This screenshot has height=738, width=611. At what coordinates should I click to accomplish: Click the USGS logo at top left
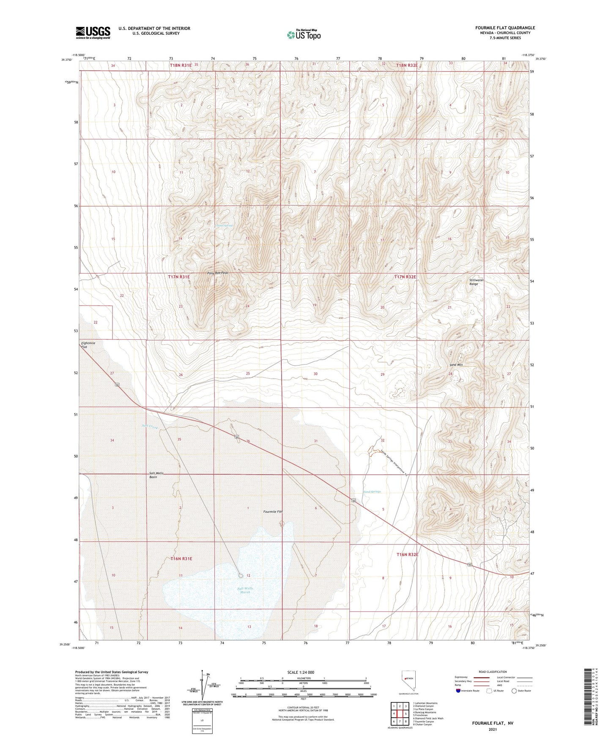point(93,32)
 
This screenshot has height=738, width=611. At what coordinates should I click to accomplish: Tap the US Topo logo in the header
point(304,34)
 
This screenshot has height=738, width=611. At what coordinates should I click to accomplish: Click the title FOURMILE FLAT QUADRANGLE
point(505,28)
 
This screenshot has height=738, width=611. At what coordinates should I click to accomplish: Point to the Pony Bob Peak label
point(218,273)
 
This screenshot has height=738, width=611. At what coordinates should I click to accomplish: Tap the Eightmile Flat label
point(88,345)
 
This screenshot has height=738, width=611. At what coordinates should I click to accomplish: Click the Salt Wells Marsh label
point(245,590)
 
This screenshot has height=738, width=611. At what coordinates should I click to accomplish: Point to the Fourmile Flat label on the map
point(272,512)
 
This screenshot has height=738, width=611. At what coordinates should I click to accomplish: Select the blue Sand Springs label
point(372,492)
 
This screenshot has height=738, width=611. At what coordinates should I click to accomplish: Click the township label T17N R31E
point(179,276)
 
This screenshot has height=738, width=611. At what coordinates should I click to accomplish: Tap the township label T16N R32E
point(407,554)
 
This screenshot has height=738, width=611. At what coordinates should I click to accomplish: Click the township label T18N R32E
point(407,65)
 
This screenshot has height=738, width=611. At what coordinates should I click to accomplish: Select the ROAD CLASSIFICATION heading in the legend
point(493,672)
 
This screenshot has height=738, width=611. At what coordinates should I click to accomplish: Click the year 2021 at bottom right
point(493,729)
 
